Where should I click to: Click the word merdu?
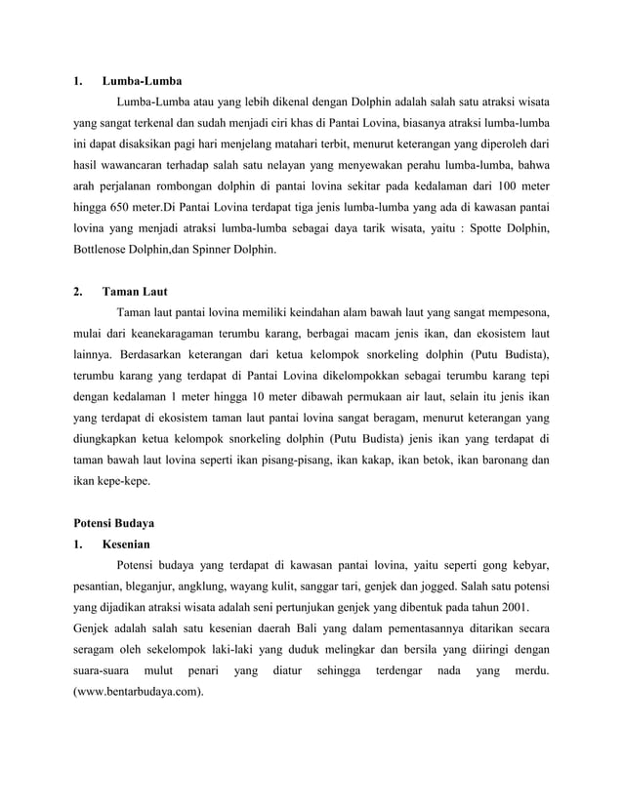pos(527,670)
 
